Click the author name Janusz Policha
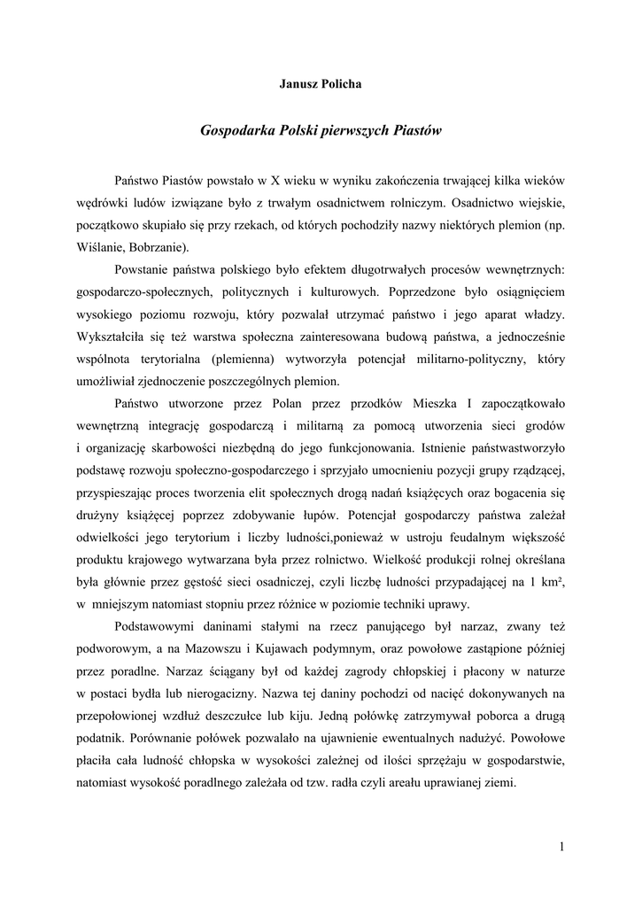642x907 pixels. point(321,84)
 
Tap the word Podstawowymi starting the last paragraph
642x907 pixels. point(157,627)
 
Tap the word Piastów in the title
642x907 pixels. point(416,129)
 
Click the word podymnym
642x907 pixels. point(366,649)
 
